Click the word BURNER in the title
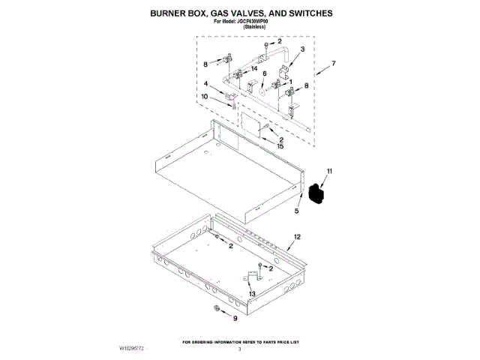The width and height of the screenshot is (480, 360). (170, 13)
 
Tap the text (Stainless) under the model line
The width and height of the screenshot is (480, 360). (240, 28)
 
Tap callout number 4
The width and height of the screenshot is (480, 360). (206, 84)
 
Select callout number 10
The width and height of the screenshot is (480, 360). (205, 97)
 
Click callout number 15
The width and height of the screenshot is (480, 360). (280, 146)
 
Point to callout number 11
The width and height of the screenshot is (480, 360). (328, 173)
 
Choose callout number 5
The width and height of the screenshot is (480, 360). (297, 212)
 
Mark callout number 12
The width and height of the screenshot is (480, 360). (297, 237)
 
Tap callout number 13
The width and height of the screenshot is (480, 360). (253, 294)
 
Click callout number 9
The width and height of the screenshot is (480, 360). (232, 319)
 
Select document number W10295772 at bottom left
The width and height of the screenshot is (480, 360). (132, 349)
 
